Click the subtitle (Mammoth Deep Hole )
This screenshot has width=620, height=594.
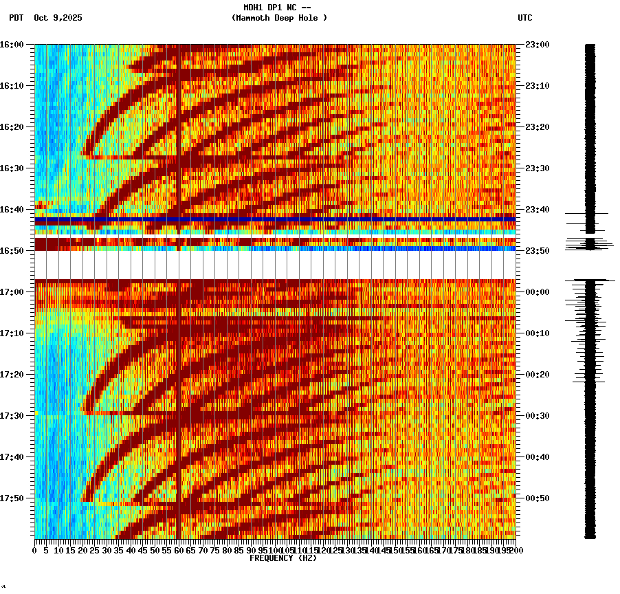[279, 18]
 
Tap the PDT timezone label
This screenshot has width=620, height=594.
[16, 18]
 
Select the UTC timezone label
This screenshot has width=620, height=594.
[524, 18]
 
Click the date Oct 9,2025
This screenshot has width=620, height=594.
[58, 18]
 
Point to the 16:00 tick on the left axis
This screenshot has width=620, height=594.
[12, 45]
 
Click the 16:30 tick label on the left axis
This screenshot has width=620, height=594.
[12, 168]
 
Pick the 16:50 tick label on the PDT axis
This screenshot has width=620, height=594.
[12, 251]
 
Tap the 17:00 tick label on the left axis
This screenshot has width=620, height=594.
[12, 292]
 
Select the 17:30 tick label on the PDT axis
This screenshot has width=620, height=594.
[12, 416]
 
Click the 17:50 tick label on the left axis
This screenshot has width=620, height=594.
[12, 498]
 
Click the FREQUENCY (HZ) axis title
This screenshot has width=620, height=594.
[283, 558]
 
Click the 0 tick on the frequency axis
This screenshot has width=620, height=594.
[35, 551]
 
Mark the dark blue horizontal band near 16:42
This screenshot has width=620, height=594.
[275, 219]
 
